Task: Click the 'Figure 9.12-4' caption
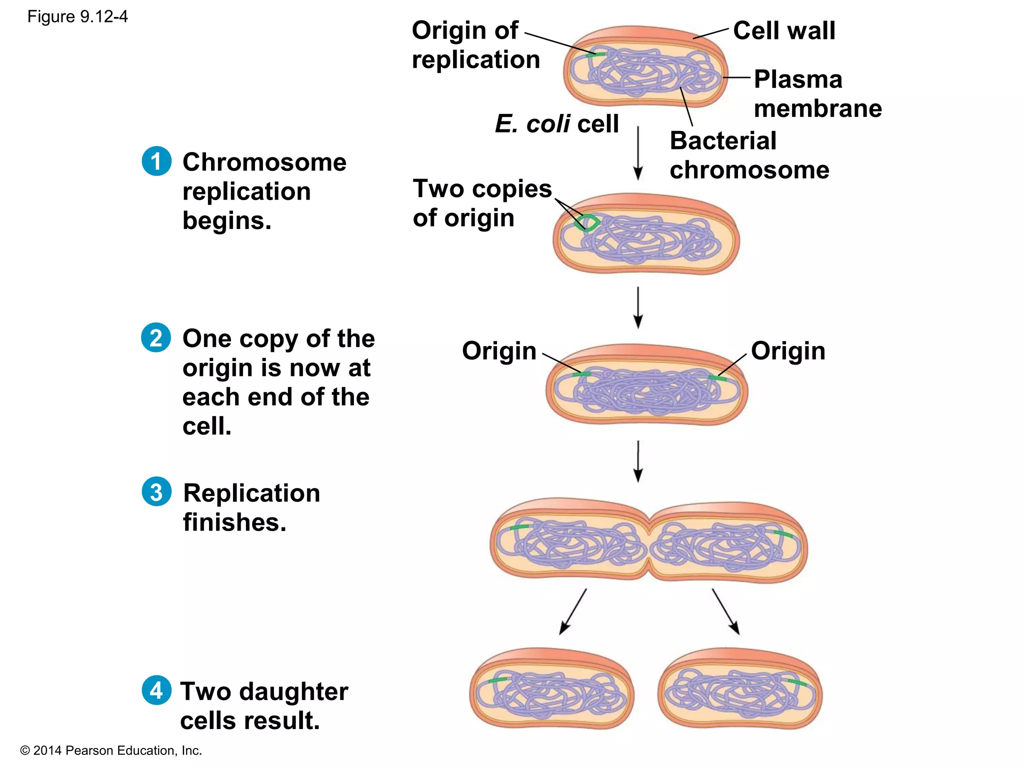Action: (77, 17)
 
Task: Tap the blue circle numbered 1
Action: (156, 161)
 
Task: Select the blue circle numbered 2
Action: (156, 338)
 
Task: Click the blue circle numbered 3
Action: (156, 491)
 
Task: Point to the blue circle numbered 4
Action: (156, 690)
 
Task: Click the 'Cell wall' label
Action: (783, 30)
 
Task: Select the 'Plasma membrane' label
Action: (817, 94)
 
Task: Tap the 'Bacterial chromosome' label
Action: (748, 155)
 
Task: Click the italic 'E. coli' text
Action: (532, 123)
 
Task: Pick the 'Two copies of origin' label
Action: (482, 203)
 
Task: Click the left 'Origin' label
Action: (498, 350)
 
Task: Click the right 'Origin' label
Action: (787, 350)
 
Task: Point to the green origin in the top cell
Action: (596, 54)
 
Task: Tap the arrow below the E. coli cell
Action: (637, 152)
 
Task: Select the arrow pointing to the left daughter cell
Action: (573, 611)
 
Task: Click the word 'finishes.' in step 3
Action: (234, 522)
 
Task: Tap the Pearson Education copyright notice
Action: (111, 750)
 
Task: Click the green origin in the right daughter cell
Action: (797, 683)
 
